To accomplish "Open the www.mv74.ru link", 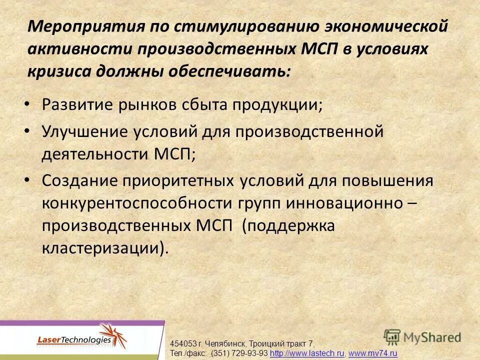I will pos(372,353).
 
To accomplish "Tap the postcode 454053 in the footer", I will pos(183,344).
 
